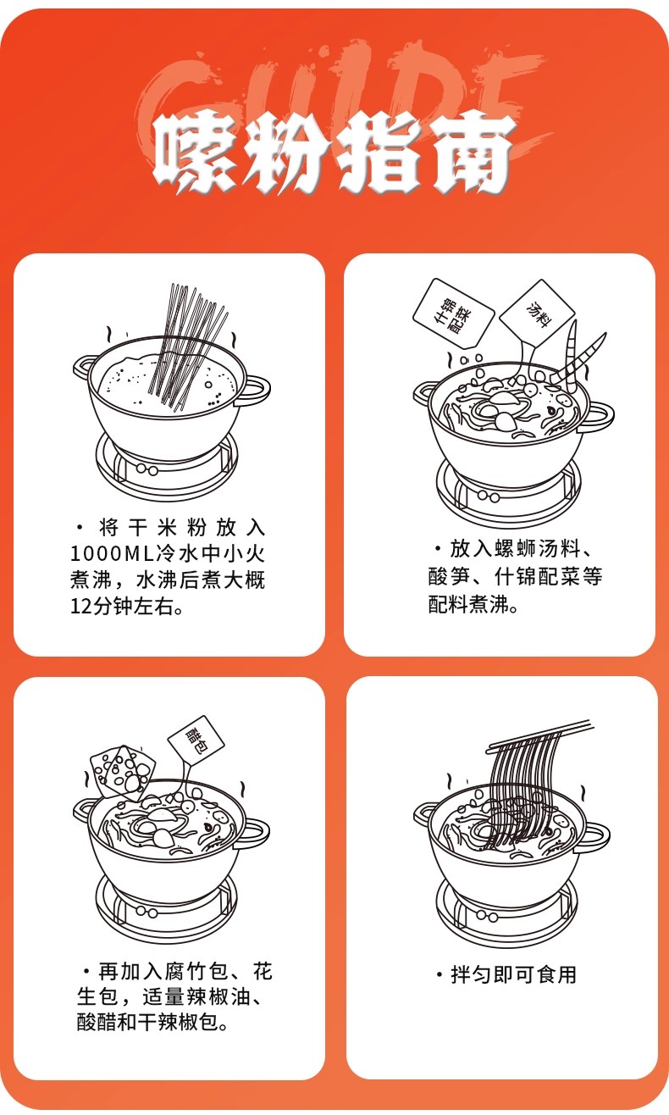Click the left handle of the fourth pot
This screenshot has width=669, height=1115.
[x=423, y=813]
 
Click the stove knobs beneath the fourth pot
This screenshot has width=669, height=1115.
[x=488, y=916]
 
